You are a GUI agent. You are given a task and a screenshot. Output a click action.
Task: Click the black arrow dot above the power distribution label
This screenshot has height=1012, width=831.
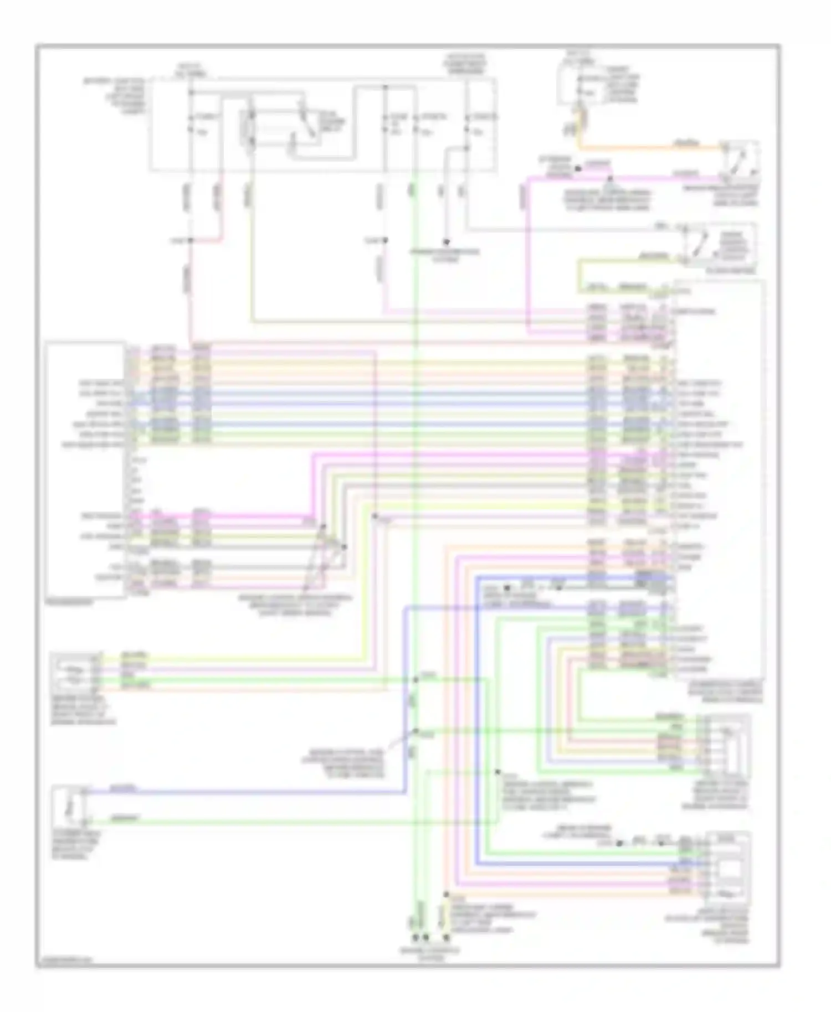(x=446, y=242)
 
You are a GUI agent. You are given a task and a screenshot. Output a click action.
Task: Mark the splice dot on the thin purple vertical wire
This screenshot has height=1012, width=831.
(x=375, y=516)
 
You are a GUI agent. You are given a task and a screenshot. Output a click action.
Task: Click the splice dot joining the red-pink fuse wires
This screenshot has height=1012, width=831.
(x=190, y=240)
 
